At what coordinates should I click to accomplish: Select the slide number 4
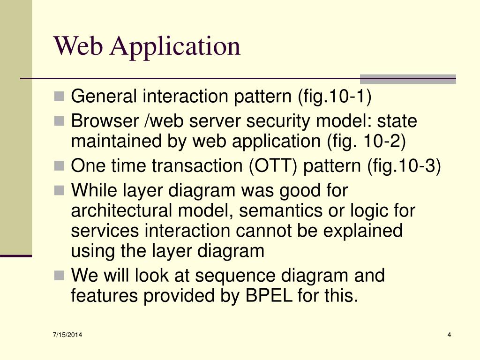pyautogui.click(x=449, y=334)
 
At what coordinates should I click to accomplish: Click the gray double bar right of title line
pyautogui.click(x=407, y=79)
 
